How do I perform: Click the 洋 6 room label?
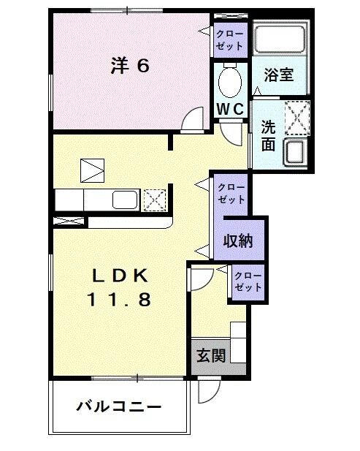coord(130,67)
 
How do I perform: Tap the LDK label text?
coord(120,276)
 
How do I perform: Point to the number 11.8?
coord(120,299)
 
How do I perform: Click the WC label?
coord(230,108)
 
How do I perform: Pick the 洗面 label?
coord(269,134)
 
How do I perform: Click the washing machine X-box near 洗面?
coord(296,118)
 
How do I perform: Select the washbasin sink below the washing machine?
coord(296,153)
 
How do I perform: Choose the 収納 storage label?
coord(237,240)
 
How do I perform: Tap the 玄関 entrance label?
coord(210,356)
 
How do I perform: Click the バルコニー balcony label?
coord(118,406)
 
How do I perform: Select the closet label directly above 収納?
coord(231,193)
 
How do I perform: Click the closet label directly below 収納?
coord(247,281)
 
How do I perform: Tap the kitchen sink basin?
coord(124,200)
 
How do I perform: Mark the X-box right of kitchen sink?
coord(154,200)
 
